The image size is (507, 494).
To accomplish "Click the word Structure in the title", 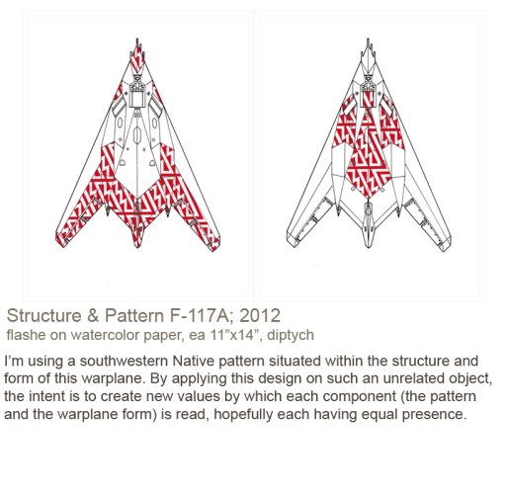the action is [x=43, y=315].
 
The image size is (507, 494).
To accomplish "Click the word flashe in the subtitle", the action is [x=26, y=335].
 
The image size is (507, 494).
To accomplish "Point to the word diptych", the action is [x=291, y=335].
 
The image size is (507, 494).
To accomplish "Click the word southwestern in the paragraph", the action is [x=124, y=361].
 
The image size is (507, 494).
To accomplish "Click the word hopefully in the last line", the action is [x=243, y=415].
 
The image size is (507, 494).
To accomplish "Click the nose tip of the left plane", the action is [x=137, y=39].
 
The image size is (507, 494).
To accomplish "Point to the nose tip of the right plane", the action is [x=368, y=39].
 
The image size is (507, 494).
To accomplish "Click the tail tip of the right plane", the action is [x=368, y=247].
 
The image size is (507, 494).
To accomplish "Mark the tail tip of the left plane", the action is [x=137, y=247].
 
